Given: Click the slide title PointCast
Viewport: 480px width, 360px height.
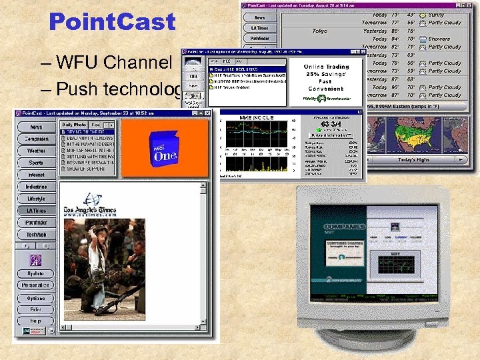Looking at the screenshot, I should coord(111,22).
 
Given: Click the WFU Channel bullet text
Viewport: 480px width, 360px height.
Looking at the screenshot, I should coord(114,63).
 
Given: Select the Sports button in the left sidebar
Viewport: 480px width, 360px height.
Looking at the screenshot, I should coord(36,162).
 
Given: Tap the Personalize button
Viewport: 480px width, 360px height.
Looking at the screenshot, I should coord(36,285).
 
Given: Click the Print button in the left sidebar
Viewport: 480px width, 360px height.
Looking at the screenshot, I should coord(36,309).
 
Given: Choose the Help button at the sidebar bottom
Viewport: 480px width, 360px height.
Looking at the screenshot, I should coord(36,321).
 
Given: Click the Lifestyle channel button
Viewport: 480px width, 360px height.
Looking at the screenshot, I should coord(36,199).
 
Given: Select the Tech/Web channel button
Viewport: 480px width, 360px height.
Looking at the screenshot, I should coord(36,235).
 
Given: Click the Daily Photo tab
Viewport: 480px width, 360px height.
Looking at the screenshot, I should coord(73,125).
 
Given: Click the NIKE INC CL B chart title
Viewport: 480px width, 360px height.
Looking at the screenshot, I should coord(256,117).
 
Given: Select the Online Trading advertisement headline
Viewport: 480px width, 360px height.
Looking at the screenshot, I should coord(326,67).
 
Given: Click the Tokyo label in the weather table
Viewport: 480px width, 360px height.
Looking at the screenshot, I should coord(320,31).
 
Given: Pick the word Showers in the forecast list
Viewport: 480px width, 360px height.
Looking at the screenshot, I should coord(439,39).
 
